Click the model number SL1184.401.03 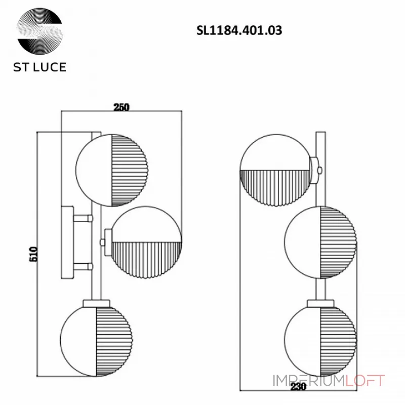click(x=239, y=30)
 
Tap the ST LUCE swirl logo click(x=40, y=31)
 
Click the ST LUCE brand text click(x=40, y=67)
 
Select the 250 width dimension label click(x=121, y=107)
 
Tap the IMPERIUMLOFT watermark click(x=329, y=380)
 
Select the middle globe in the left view click(x=145, y=242)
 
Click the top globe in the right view click(x=276, y=171)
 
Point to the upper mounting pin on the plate click(x=83, y=219)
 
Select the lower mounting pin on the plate click(x=83, y=266)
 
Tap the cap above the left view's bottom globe click(x=94, y=302)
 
